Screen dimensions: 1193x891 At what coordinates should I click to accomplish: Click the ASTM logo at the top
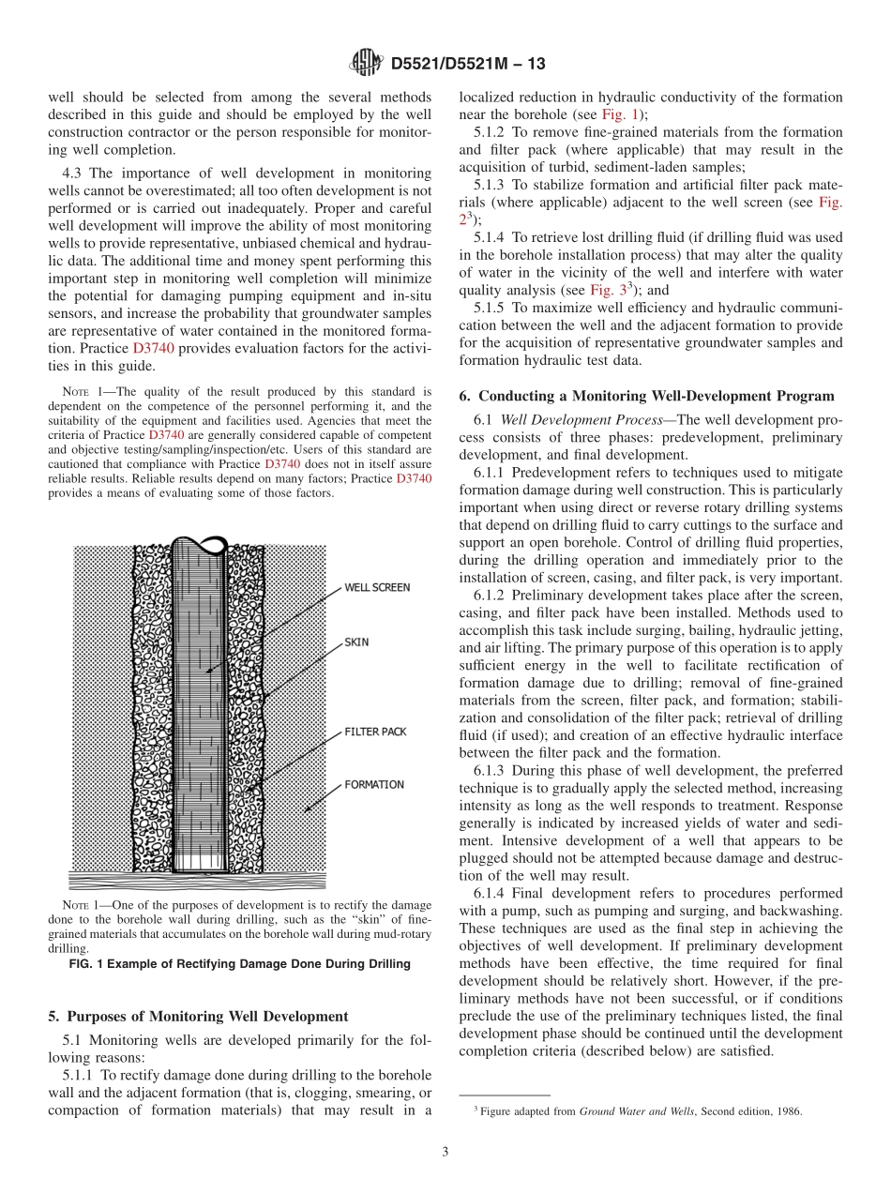click(x=366, y=63)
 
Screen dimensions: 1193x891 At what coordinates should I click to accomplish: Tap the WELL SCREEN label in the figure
click(x=377, y=587)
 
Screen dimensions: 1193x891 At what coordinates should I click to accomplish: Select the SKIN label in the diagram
click(x=356, y=642)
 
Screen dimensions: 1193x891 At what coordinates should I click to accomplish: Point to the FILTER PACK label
click(x=375, y=731)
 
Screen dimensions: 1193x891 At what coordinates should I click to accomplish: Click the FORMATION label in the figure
click(x=373, y=784)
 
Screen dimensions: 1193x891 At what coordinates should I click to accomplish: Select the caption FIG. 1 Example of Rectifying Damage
click(x=239, y=964)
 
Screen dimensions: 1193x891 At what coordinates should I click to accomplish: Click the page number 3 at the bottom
click(x=445, y=1152)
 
